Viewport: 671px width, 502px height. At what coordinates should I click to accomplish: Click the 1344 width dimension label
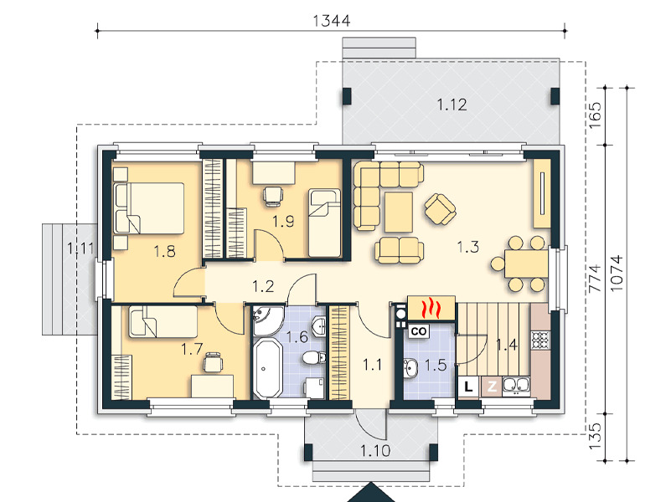pos(332,20)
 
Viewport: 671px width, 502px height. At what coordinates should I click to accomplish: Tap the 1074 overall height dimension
pos(617,274)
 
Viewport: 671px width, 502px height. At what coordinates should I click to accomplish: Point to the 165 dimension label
pos(595,115)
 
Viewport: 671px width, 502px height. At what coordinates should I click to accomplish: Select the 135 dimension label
pos(595,436)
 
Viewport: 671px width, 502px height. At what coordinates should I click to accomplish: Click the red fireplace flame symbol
pos(431,309)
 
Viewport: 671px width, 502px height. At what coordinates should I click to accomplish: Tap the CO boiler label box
pos(419,331)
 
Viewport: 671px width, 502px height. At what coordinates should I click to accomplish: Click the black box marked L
pos(468,387)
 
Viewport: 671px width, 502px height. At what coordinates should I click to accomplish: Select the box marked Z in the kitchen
pos(492,387)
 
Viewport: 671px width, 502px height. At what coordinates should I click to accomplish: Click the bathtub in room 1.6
pos(268,369)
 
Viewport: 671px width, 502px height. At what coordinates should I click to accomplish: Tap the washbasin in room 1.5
pos(410,368)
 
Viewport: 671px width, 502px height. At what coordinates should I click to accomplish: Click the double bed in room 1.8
pos(149,208)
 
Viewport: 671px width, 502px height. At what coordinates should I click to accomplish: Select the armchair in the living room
pos(440,209)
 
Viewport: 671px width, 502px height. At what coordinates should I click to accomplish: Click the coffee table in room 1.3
pos(399,212)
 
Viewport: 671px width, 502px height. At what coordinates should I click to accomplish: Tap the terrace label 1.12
pos(452,105)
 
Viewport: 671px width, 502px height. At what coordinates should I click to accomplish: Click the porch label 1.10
pos(374,450)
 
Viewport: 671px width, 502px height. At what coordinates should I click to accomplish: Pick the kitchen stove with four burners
pos(540,340)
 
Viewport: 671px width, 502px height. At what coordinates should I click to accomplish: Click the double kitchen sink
pos(516,386)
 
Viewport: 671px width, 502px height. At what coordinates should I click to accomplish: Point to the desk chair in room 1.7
pos(213,362)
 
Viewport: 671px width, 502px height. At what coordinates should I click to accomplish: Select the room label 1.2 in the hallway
pos(263,286)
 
